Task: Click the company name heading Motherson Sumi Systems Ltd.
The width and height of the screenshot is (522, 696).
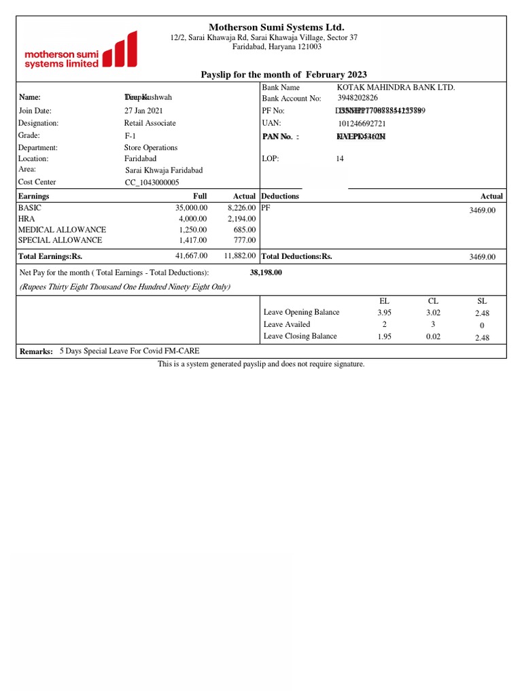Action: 262,27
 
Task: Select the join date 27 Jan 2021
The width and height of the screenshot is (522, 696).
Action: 143,111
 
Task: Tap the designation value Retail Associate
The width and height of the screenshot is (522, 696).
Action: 150,123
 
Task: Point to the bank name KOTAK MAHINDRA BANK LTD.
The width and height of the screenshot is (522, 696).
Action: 396,88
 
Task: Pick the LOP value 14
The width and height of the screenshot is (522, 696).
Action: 341,159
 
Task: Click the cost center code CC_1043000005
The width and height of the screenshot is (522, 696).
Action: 152,182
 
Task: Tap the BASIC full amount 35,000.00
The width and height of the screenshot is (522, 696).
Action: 191,207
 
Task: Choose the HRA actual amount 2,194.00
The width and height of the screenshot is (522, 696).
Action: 241,218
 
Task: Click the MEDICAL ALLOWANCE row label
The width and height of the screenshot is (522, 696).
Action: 62,229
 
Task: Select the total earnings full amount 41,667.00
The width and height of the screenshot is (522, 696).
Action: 191,256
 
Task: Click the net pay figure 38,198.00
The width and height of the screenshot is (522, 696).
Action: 266,273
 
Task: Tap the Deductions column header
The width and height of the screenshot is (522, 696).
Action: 280,196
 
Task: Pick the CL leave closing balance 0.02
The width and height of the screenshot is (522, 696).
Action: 433,336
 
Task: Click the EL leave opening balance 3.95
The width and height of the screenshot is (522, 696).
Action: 385,313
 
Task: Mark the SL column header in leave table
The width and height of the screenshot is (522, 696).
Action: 483,300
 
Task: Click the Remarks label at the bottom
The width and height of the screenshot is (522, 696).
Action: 36,351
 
